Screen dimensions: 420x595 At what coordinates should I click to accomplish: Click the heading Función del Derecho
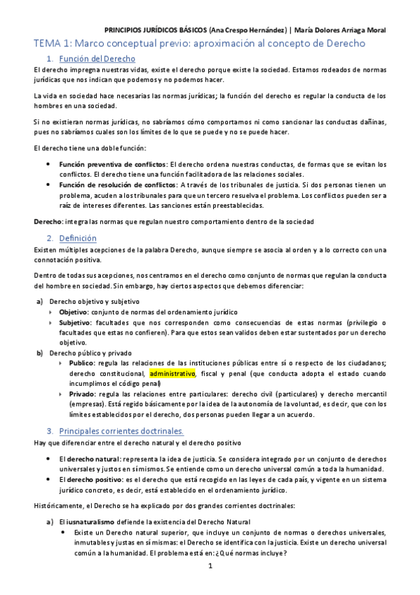[x=97, y=58]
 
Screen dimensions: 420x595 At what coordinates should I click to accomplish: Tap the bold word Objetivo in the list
[x=74, y=312]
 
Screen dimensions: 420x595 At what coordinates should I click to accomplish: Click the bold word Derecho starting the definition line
[x=48, y=222]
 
